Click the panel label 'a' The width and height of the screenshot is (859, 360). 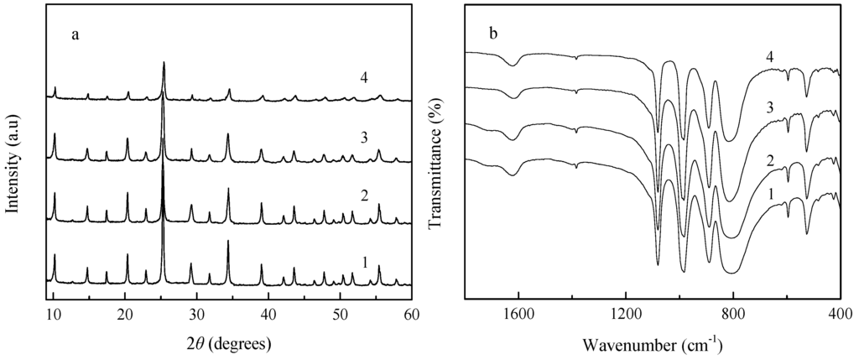[75, 36]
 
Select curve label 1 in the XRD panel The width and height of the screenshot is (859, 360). [364, 263]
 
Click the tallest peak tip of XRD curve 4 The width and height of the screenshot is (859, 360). [164, 62]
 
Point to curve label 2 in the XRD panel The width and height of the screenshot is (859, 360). [364, 196]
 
